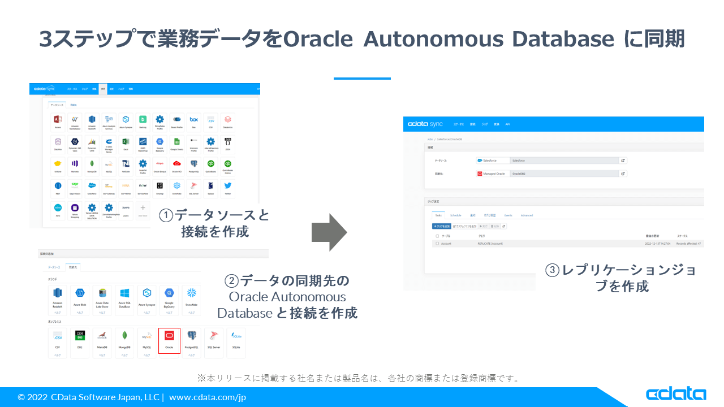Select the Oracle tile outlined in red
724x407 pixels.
pos(169,340)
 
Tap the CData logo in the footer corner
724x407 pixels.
pos(675,395)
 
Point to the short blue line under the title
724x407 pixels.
pos(362,78)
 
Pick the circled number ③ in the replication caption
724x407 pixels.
pos(553,270)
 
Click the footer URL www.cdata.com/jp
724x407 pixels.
pos(208,397)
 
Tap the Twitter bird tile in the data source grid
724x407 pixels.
pos(227,186)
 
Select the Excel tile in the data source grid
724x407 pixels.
pos(126,142)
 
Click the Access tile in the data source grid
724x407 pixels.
pos(58,120)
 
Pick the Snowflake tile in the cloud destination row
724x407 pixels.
pos(192,296)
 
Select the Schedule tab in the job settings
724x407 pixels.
pos(456,215)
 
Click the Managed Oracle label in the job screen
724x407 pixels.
pos(490,174)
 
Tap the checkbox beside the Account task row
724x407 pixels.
pos(437,244)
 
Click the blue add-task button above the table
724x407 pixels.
pos(441,226)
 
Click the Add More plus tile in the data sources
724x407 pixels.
pos(143,210)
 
